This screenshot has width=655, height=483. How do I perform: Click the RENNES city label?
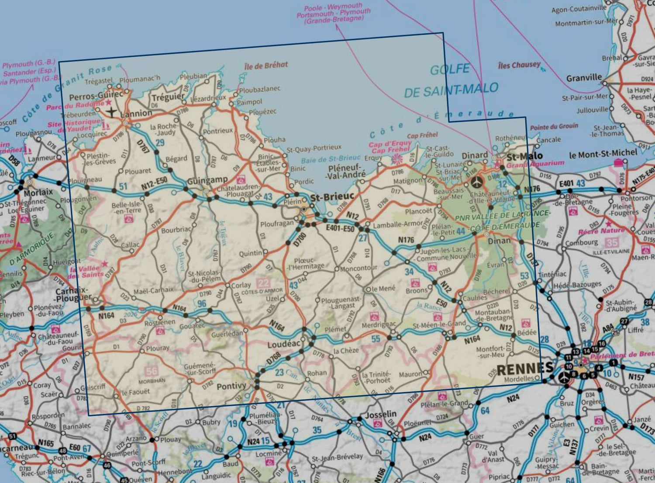pyautogui.click(x=525, y=369)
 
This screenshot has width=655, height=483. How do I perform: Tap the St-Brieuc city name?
pyautogui.click(x=332, y=198)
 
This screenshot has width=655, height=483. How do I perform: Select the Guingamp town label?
pyautogui.click(x=207, y=180)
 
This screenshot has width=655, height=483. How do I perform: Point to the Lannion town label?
pyautogui.click(x=136, y=114)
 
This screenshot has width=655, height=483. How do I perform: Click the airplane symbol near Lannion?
pyautogui.click(x=112, y=112)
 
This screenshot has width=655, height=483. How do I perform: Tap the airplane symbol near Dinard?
pyautogui.click(x=477, y=181)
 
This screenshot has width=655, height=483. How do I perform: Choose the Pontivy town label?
pyautogui.click(x=231, y=386)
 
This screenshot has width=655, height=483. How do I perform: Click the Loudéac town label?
pyautogui.click(x=284, y=344)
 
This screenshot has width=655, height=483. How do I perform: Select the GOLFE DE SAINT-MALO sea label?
pyautogui.click(x=451, y=81)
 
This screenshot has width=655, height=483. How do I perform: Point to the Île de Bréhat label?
pyautogui.click(x=266, y=66)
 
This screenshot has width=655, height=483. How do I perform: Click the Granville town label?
pyautogui.click(x=584, y=78)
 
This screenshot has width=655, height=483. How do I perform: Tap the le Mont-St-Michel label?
pyautogui.click(x=603, y=154)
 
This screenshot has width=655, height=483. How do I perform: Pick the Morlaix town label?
pyautogui.click(x=38, y=192)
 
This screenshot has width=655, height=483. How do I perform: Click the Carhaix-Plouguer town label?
pyautogui.click(x=72, y=294)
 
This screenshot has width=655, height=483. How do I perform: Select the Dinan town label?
pyautogui.click(x=499, y=241)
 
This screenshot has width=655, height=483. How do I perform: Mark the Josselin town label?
pyautogui.click(x=380, y=414)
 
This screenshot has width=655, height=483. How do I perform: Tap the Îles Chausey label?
pyautogui.click(x=519, y=65)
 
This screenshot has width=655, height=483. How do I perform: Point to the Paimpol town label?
pyautogui.click(x=249, y=102)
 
